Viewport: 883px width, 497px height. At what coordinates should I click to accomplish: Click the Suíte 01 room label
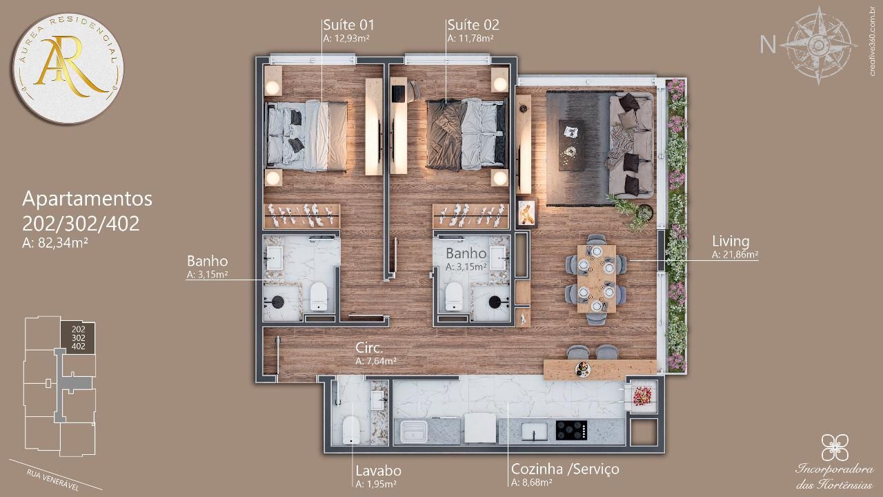[x=348, y=25]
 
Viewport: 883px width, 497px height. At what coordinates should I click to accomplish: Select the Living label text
[x=731, y=241]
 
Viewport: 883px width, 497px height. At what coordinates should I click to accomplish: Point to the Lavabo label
[x=379, y=471]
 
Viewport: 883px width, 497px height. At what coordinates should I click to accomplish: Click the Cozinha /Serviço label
[x=565, y=469]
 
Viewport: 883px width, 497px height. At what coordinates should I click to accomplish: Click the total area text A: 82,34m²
[x=54, y=243]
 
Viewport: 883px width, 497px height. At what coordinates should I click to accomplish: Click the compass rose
[x=818, y=45]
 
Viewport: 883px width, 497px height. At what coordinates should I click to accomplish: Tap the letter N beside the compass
[x=768, y=45]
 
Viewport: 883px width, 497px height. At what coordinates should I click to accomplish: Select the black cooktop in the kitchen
[x=571, y=430]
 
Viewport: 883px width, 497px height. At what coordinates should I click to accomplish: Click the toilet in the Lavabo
[x=351, y=430]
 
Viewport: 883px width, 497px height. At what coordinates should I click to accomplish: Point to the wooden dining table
[x=597, y=279]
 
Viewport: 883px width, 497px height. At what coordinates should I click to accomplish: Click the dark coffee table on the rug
[x=572, y=145]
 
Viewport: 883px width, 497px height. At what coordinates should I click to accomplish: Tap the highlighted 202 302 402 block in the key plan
[x=78, y=338]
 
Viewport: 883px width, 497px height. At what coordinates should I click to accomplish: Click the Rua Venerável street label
[x=52, y=480]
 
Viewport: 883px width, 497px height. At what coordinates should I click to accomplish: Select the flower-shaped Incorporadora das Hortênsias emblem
[x=835, y=447]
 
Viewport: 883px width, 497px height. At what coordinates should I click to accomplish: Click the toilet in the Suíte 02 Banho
[x=454, y=296]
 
